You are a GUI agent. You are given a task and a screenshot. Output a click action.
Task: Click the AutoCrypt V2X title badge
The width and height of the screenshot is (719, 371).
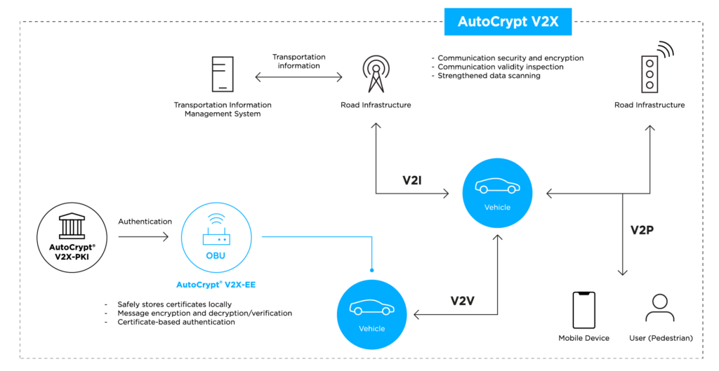[508, 22]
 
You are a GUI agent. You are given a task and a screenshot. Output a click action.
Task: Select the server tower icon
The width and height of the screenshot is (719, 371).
[223, 74]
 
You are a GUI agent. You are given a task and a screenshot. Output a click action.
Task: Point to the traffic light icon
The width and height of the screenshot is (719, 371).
[651, 73]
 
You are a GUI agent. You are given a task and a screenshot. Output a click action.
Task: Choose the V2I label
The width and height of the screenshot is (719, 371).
[412, 180]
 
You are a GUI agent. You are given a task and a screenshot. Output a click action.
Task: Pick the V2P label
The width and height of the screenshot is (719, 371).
[642, 230]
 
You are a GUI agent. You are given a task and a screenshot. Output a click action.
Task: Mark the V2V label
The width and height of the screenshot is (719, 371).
[463, 301]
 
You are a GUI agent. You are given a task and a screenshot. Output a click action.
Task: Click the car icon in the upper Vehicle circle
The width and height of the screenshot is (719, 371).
[497, 186]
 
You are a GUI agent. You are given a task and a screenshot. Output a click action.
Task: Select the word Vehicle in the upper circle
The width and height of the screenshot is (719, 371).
[497, 208]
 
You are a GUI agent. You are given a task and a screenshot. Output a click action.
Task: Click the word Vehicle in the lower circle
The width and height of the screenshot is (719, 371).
[371, 328]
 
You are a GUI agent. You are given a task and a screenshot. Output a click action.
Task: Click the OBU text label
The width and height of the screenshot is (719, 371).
[216, 256]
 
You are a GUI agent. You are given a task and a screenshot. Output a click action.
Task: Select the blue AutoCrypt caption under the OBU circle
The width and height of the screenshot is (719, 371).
[216, 285]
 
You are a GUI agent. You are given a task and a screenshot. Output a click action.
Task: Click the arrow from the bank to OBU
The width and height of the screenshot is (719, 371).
[144, 237]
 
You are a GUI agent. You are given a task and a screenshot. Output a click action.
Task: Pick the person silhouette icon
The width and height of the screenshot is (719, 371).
[659, 309]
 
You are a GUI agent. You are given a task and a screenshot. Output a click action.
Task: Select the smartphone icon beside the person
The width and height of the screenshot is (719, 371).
[583, 310]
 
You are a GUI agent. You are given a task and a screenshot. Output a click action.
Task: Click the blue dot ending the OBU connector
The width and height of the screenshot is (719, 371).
[371, 269]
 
